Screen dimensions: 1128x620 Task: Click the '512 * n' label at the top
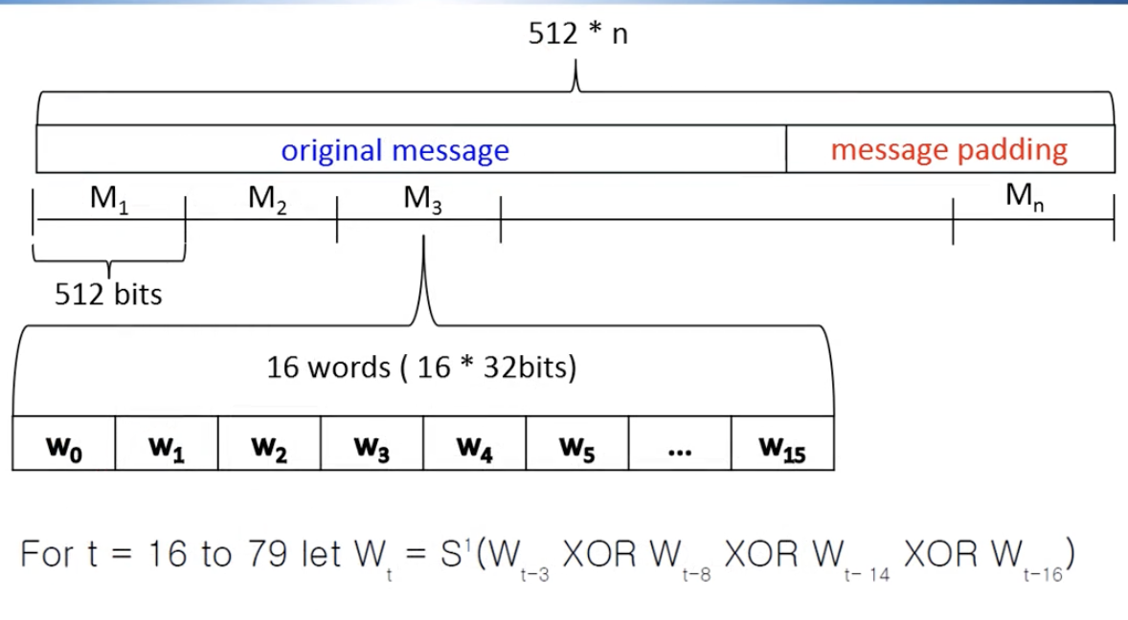pyautogui.click(x=577, y=34)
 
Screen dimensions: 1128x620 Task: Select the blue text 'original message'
pyautogui.click(x=395, y=150)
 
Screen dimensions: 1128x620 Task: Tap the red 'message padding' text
pyautogui.click(x=948, y=150)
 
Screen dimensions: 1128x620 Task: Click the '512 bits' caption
pyautogui.click(x=108, y=294)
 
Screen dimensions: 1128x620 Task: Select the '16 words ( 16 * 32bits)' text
pyautogui.click(x=421, y=367)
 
